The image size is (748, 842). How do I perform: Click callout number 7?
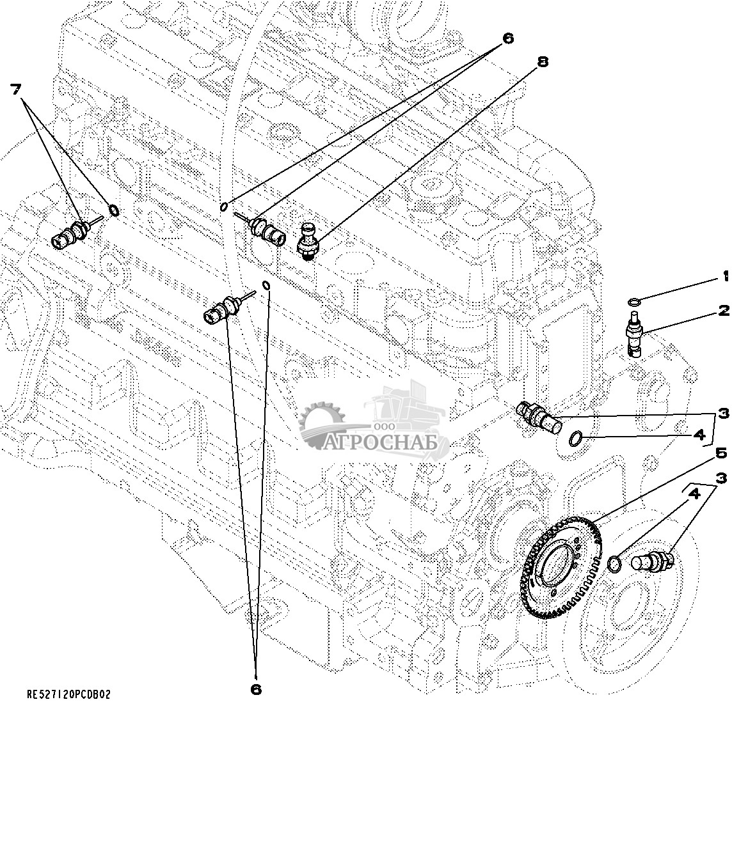[x=16, y=89]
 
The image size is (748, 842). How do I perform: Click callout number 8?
[x=543, y=62]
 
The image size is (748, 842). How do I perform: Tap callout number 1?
[x=726, y=277]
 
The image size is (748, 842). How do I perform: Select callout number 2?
[x=724, y=311]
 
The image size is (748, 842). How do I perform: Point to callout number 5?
[x=721, y=453]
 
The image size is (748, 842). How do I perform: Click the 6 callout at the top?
[x=507, y=38]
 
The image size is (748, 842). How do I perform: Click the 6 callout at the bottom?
[x=255, y=689]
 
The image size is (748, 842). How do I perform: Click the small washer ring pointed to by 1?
[x=633, y=302]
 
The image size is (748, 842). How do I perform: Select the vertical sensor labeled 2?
[x=634, y=333]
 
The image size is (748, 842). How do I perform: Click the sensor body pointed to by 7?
[x=68, y=234]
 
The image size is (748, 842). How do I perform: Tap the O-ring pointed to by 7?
[x=114, y=210]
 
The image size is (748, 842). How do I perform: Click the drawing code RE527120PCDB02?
[x=68, y=695]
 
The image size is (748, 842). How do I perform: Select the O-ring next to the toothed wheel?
[x=613, y=563]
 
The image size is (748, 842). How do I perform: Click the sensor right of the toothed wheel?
[x=651, y=561]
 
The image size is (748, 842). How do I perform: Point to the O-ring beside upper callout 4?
[x=576, y=438]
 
